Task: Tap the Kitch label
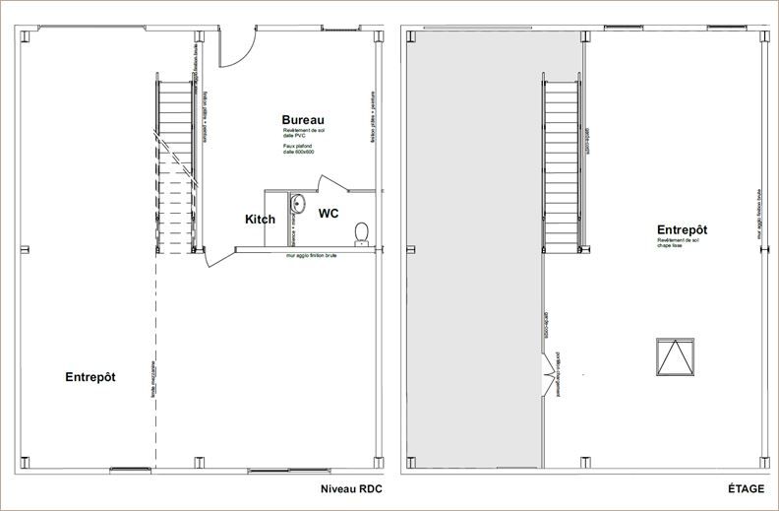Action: pos(260,219)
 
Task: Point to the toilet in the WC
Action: pos(361,231)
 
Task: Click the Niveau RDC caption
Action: pos(351,488)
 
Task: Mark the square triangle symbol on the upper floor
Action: pos(678,356)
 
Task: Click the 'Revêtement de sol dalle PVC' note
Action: pos(303,133)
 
